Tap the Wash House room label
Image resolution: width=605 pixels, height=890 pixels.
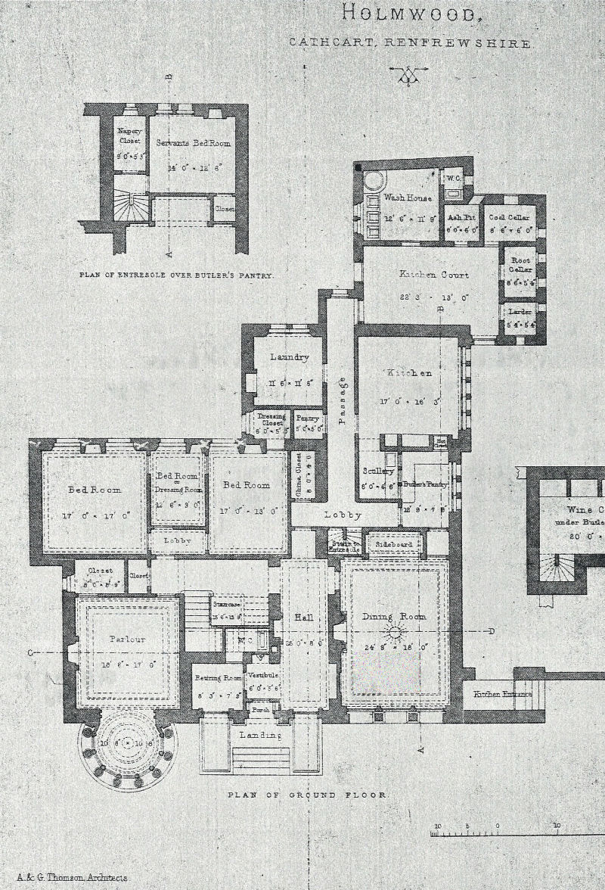tap(408, 198)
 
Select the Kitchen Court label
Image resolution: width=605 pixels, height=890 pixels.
tap(433, 275)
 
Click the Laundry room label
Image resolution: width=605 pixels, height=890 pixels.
tap(289, 357)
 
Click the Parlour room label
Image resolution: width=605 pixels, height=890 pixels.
tap(126, 639)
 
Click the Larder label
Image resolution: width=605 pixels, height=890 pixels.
tap(520, 311)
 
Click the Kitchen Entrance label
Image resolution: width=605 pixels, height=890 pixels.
tap(502, 694)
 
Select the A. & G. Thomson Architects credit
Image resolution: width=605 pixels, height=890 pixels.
tap(72, 878)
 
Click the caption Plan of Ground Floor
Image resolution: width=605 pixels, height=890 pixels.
tap(308, 795)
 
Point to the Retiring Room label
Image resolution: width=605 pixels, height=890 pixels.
tap(217, 678)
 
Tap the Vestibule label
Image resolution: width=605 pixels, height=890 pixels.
tap(263, 674)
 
